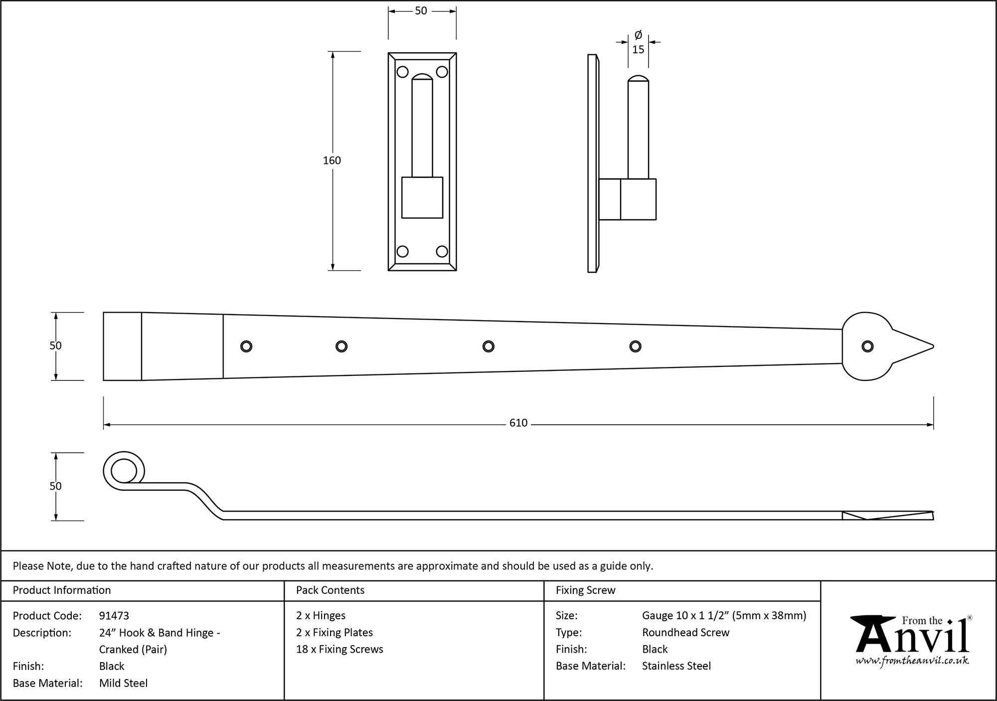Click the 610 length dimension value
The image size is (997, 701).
pyautogui.click(x=518, y=423)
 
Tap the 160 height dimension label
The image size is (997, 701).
pyautogui.click(x=332, y=161)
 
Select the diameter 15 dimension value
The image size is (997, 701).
pyautogui.click(x=638, y=49)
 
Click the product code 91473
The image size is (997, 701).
pyautogui.click(x=114, y=616)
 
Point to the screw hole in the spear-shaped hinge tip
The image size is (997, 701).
pyautogui.click(x=867, y=347)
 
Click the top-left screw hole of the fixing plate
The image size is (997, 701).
pyautogui.click(x=402, y=72)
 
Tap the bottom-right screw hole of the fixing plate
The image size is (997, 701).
pyautogui.click(x=442, y=251)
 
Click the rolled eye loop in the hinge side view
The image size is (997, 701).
pyautogui.click(x=123, y=471)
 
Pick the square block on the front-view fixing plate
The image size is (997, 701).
pyautogui.click(x=422, y=197)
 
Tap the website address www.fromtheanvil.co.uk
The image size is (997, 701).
pyautogui.click(x=912, y=661)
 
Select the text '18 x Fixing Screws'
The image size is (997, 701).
pyautogui.click(x=339, y=649)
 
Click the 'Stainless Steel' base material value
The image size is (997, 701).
pyautogui.click(x=676, y=666)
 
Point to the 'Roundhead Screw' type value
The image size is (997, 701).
pyautogui.click(x=685, y=632)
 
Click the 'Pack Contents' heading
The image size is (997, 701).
pyautogui.click(x=330, y=590)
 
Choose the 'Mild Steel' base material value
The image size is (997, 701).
pyautogui.click(x=123, y=683)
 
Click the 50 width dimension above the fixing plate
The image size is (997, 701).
pyautogui.click(x=421, y=11)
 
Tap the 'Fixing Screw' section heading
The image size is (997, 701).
pyautogui.click(x=586, y=590)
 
